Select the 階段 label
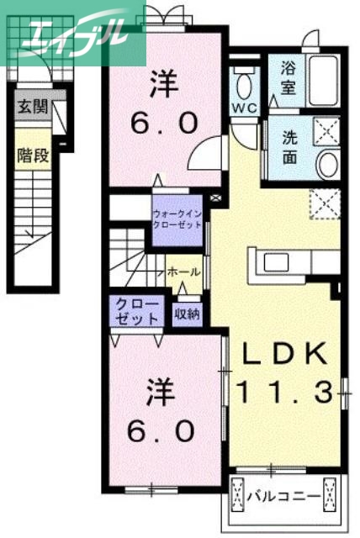(32, 156)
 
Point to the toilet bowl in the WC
(246, 85)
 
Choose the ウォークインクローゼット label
(177, 220)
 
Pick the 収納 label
(188, 314)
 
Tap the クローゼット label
(135, 311)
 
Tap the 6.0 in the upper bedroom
(164, 123)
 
